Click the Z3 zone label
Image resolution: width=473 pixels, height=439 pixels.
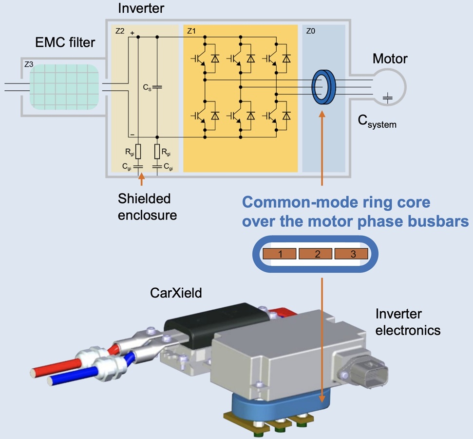29,64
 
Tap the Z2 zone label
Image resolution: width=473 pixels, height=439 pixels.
120,31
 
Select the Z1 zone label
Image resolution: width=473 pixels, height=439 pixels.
191,31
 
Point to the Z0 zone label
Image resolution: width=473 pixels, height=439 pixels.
310,31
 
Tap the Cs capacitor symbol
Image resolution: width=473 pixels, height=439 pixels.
157,87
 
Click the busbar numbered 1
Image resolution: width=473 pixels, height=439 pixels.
279,254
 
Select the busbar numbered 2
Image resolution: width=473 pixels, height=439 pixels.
316,254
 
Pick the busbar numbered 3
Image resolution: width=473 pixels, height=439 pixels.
351,254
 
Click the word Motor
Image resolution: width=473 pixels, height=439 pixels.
390,59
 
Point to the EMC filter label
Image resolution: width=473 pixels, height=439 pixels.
65,42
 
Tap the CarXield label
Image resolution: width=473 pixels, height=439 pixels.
176,293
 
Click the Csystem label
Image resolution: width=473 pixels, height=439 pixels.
377,121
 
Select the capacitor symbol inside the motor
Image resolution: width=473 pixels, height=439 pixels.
388,98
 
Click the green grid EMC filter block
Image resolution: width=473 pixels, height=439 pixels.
64,87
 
